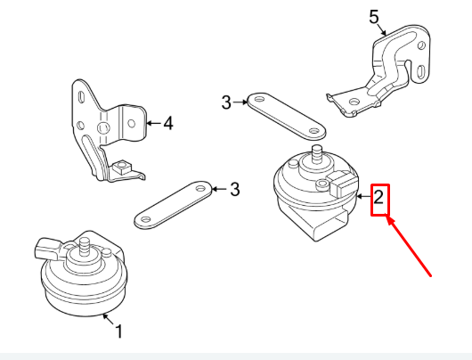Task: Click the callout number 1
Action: point(119,332)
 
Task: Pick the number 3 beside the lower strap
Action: point(234,189)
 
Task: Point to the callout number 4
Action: point(168,122)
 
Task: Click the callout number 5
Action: point(374,15)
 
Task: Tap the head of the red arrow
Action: point(388,222)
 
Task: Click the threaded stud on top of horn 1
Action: point(84,245)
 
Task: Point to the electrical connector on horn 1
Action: point(47,244)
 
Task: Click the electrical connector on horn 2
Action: point(341,187)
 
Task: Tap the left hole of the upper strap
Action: point(255,99)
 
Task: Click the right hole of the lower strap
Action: point(199,189)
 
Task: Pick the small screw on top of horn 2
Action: point(319,185)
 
